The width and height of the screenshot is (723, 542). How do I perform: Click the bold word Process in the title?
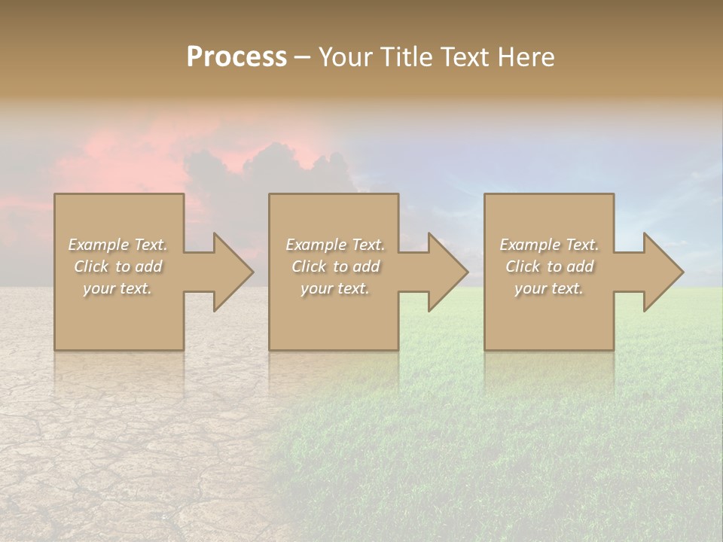tap(236, 57)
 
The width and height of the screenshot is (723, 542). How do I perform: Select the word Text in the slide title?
tap(462, 57)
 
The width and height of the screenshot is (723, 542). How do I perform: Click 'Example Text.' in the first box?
tap(117, 245)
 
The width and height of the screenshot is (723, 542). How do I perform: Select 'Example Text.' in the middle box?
tap(335, 245)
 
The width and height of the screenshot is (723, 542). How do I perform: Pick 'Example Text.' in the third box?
tap(549, 245)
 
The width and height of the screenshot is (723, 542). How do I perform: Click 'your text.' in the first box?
tap(117, 288)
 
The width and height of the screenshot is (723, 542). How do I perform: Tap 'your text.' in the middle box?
tap(335, 288)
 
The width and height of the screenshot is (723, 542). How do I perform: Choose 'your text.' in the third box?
tap(549, 288)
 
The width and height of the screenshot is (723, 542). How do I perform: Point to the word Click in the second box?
tap(309, 266)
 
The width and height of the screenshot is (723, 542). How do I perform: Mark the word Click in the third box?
tap(523, 266)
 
